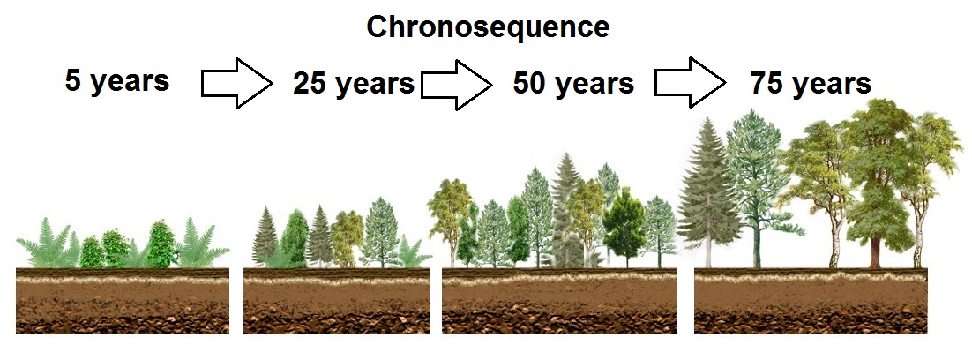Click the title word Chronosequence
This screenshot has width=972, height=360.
pos(488,27)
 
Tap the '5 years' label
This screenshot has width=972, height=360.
pos(117,81)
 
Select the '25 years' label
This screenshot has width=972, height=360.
pos(354,83)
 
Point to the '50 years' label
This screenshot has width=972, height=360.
pos(573,83)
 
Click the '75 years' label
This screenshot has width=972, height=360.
pos(811,83)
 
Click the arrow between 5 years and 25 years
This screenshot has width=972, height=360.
pos(236,83)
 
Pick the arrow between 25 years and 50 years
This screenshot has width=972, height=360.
pos(457,85)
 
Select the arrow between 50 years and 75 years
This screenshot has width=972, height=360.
pos(691,83)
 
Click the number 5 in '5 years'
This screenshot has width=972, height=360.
pos(73,80)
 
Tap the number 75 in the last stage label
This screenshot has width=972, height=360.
pos(766,83)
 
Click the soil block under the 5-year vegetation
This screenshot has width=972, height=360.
pos(123,301)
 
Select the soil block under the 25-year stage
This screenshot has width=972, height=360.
pos(337,301)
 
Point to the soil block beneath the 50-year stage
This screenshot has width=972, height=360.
pos(559,301)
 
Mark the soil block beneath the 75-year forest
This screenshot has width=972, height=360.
pos(811,301)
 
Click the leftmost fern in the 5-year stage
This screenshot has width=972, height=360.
pos(47,244)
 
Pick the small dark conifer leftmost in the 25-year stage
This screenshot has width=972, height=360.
pos(265,238)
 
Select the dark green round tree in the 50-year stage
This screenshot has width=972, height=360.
pos(624,226)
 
